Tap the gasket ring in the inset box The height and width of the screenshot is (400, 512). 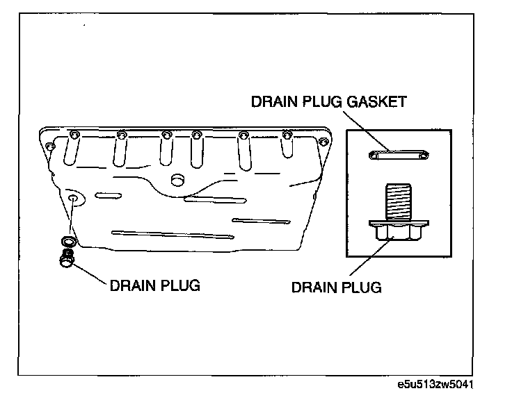click(x=399, y=156)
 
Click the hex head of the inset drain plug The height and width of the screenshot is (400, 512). click(x=399, y=237)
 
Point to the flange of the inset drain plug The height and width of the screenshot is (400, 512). click(x=399, y=224)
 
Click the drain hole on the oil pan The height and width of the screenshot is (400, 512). click(x=74, y=200)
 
